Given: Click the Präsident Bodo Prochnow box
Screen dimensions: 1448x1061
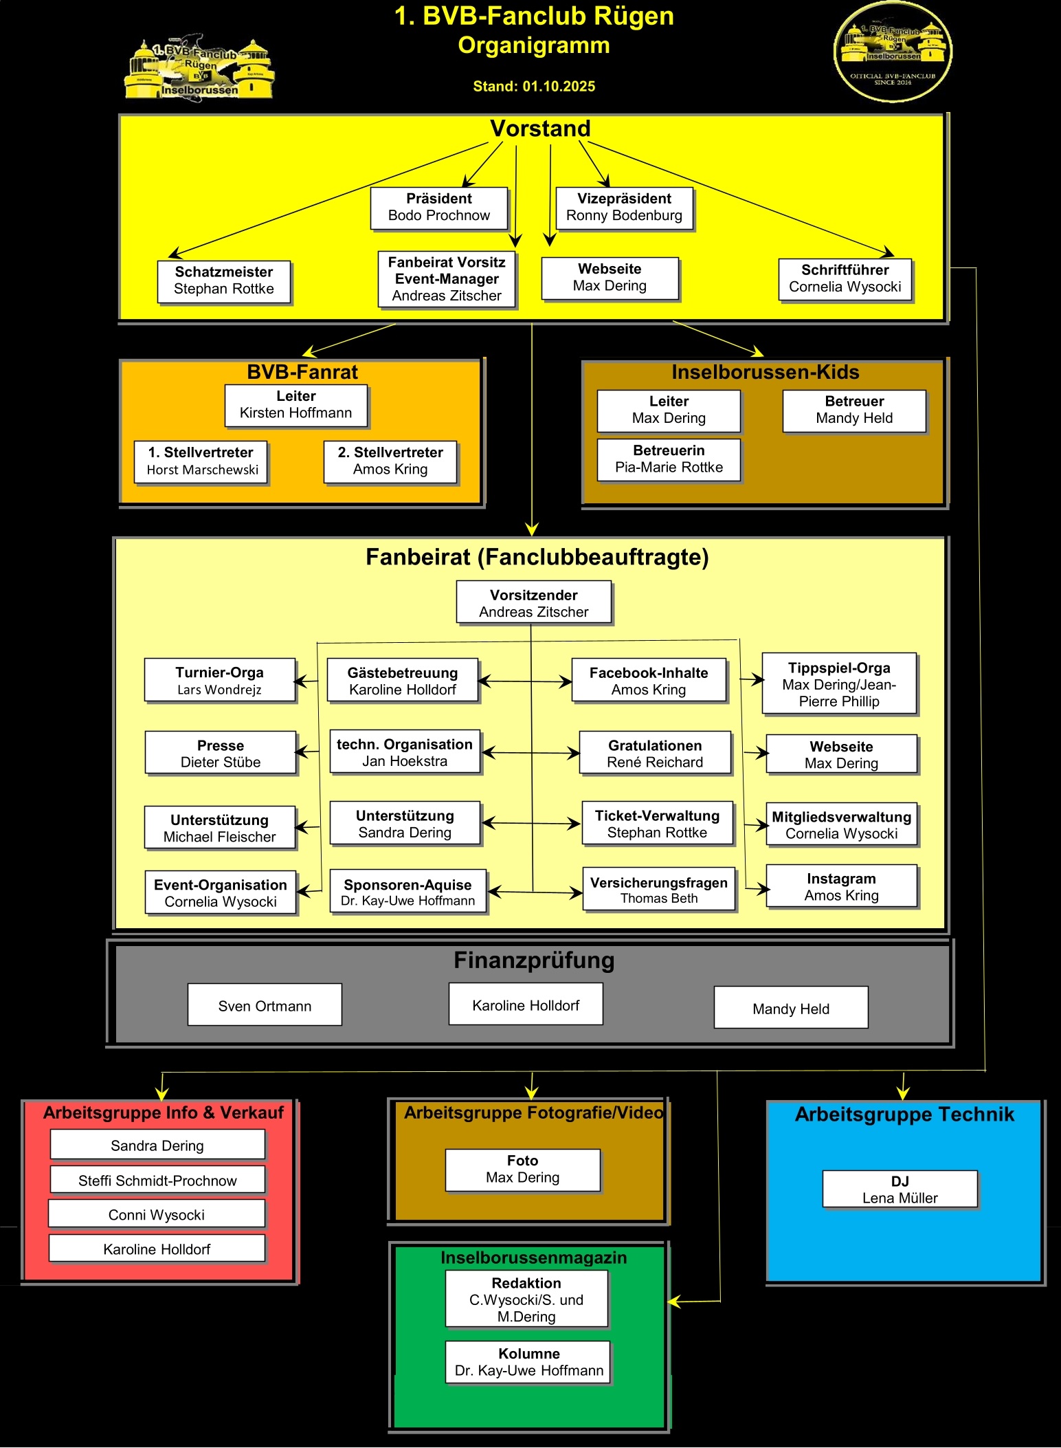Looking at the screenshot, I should coord(439,208).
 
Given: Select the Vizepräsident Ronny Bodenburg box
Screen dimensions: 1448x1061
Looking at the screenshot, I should coord(624,208).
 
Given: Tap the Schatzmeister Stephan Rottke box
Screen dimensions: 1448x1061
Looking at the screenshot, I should coord(224,281).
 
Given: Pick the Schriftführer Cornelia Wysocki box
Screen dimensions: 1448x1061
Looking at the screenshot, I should coord(845,279).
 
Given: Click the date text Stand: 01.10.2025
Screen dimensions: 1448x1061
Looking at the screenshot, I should coord(534,87).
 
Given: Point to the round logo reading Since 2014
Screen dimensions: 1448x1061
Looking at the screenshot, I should coord(893,53).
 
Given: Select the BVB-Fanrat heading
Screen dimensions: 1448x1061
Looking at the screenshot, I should coord(302,373).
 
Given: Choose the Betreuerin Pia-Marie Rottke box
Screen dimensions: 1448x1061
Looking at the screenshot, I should coord(669,459).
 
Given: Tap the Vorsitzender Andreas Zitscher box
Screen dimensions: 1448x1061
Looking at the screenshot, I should coord(534,603).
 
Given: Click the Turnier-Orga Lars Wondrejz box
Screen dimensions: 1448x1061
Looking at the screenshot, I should coord(220,681).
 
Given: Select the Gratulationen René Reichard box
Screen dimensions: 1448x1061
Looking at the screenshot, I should coord(655,754).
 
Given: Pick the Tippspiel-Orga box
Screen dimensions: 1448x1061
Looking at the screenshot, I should coord(839,684).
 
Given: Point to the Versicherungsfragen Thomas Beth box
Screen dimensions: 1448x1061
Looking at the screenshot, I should coord(659,890).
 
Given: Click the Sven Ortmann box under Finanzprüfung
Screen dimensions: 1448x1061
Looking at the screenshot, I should coord(265,1005).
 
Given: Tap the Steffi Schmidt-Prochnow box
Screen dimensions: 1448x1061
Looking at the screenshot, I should coord(157,1180).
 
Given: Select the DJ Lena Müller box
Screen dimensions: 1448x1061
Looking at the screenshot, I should coord(900,1189).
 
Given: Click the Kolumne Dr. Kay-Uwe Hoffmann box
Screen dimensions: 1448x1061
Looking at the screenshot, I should coord(528,1362).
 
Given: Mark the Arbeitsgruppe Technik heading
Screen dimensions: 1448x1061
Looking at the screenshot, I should coord(904,1115).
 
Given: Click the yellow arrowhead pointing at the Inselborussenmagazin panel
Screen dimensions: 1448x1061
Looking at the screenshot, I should coord(674,1302).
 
